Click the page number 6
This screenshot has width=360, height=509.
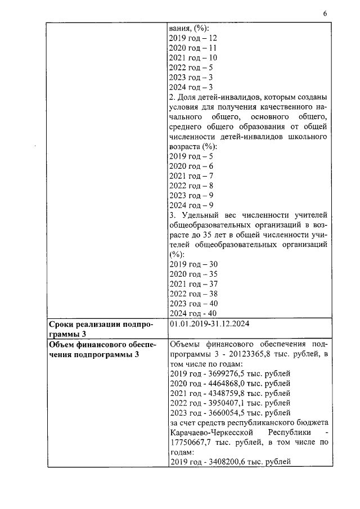(x=325, y=13)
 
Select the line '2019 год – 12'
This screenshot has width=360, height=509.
(x=193, y=38)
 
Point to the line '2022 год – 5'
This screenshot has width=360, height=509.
(x=191, y=67)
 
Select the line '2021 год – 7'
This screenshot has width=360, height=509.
(x=191, y=175)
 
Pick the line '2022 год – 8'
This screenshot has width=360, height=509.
(x=191, y=186)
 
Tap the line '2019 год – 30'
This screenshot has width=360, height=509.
(x=193, y=264)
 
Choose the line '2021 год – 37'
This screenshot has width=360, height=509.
(x=193, y=283)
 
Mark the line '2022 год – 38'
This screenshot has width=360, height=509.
(x=193, y=293)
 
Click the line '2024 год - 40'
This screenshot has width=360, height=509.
(x=193, y=313)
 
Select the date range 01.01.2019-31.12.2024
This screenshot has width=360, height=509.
(x=209, y=324)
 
